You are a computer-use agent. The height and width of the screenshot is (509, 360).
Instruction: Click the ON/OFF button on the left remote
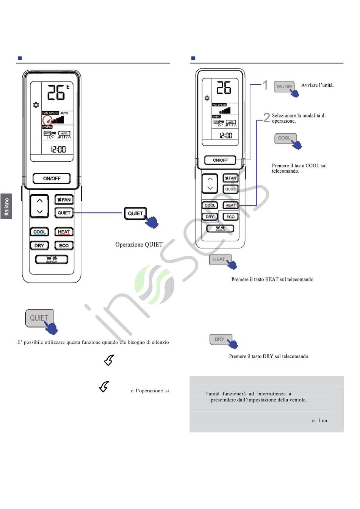[x=52, y=178]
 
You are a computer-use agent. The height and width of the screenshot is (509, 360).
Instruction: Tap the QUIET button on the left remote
[x=64, y=213]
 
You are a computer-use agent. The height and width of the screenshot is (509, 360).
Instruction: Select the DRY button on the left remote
[x=39, y=245]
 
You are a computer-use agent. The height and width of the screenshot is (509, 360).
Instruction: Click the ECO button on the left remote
[x=64, y=245]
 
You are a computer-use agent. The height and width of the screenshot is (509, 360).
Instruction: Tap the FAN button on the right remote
[x=230, y=178]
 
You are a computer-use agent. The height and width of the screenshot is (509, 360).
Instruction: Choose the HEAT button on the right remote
[x=230, y=205]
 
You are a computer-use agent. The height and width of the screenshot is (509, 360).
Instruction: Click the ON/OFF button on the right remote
[x=220, y=160]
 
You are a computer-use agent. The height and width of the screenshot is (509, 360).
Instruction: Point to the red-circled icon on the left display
[x=47, y=121]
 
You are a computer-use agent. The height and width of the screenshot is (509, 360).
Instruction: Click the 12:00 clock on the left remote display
[x=58, y=150]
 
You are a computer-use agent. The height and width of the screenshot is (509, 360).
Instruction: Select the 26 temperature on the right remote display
[x=224, y=88]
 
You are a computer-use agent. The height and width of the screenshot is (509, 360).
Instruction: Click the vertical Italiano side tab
[x=6, y=206]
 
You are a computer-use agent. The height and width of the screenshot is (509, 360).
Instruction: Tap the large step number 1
[x=266, y=86]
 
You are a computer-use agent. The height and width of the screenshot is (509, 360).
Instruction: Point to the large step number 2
[x=267, y=118]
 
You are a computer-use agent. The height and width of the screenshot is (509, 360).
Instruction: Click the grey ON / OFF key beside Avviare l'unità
[x=284, y=86]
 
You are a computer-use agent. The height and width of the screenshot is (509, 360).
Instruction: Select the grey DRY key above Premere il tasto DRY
[x=219, y=339]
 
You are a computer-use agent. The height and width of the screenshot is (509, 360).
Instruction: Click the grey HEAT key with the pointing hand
[x=219, y=259]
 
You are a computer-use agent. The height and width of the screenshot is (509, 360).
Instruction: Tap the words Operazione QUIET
[x=139, y=245]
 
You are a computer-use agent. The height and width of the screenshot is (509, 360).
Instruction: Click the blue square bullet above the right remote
[x=193, y=58]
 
